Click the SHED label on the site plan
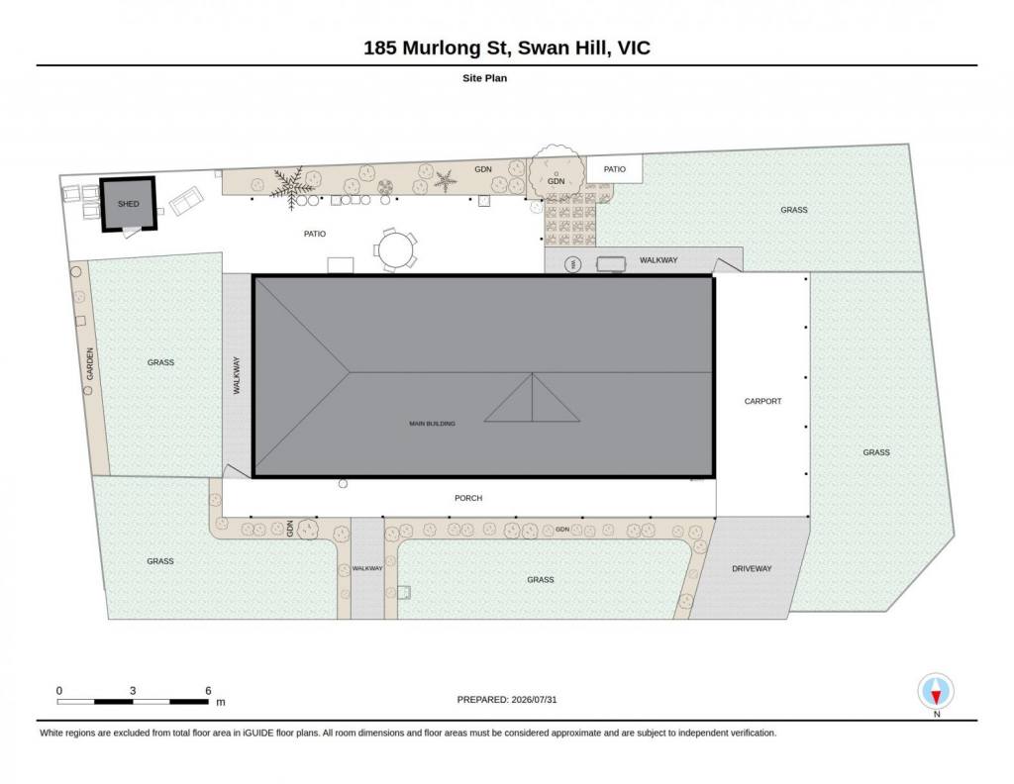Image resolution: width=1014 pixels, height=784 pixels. pos(128,204)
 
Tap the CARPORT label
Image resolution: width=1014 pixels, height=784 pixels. pos(762,401)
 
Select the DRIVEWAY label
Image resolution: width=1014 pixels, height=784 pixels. pos(752,569)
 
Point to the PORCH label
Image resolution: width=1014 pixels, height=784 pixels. pos(468,498)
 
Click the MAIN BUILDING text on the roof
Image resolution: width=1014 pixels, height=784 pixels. pos(432,424)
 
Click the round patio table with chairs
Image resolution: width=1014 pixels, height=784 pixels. pos(395,249)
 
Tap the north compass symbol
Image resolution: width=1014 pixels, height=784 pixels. pos(936,692)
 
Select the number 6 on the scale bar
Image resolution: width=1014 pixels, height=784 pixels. pos(208,690)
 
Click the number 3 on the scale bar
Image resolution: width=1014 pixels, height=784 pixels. pos(133,690)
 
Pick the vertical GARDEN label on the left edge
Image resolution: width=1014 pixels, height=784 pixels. pos(90,363)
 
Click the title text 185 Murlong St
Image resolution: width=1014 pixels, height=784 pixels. pos(437,48)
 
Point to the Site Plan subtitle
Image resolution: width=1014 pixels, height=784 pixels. pos(484,78)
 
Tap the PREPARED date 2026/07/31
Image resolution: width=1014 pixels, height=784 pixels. pos(534,699)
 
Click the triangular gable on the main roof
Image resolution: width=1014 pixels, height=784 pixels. pos(532,398)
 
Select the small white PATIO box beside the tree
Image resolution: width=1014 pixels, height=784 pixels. pos(614,169)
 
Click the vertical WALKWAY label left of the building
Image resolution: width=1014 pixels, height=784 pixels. pos(237,375)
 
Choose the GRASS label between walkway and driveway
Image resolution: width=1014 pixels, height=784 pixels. pos(540,580)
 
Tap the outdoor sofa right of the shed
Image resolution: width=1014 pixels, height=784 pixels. pos(186,200)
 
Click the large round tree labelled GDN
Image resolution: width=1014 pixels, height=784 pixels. pos(555,173)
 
